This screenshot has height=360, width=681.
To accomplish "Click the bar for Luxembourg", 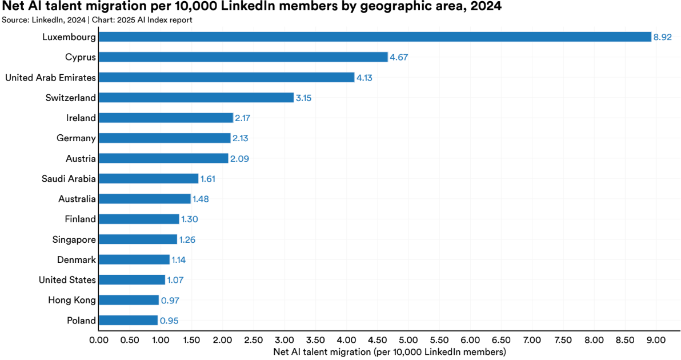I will (x=375, y=37).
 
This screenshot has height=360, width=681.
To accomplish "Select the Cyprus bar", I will (x=243, y=57).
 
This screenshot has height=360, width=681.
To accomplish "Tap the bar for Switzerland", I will (x=196, y=98).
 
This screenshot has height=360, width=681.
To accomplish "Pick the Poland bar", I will (x=128, y=321).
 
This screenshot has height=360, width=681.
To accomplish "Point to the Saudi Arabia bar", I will (x=149, y=179).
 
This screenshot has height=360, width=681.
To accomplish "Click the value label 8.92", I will (x=663, y=37).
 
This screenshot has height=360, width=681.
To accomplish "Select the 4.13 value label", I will (x=364, y=78).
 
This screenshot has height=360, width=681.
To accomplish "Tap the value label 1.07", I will (x=175, y=280).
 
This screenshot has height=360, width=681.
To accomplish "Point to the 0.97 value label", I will (x=170, y=301).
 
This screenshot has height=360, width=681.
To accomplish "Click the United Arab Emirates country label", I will (x=50, y=78).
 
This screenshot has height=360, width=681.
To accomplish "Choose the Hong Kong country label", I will (x=72, y=300).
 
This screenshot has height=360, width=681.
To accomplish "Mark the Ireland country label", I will (x=81, y=118).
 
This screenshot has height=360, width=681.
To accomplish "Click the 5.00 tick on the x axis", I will (x=408, y=340).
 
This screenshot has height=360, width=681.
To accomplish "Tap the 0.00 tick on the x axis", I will (x=99, y=340).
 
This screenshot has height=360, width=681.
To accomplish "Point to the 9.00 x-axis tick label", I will (x=656, y=340).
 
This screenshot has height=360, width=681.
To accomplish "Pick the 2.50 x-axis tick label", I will (x=254, y=340).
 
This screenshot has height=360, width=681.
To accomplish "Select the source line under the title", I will (x=97, y=19).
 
